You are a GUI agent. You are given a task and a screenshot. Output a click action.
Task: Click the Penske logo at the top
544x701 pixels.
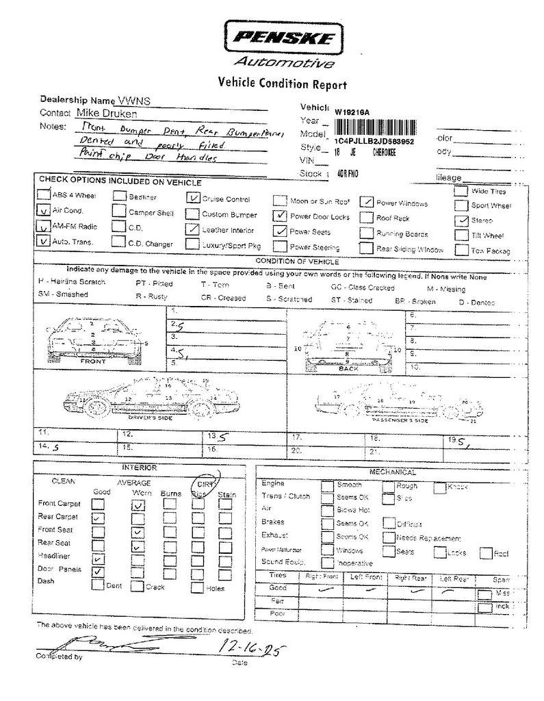(280, 38)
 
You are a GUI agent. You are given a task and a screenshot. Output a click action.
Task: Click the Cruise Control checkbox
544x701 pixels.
(192, 199)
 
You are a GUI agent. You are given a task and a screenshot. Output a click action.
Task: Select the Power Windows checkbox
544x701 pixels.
(367, 202)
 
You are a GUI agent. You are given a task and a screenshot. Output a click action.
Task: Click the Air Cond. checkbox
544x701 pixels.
(44, 211)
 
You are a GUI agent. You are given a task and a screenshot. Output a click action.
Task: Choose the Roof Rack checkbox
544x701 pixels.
(366, 218)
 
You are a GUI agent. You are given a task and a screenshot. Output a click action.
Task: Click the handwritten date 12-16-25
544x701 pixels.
(250, 645)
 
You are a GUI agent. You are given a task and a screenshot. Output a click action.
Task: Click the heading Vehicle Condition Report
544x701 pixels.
(282, 84)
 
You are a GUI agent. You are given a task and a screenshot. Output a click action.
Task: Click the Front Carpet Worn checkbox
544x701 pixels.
(138, 505)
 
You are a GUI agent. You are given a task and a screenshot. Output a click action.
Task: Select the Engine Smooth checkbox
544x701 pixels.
(327, 485)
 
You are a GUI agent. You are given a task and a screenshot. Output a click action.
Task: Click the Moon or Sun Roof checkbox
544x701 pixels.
(279, 201)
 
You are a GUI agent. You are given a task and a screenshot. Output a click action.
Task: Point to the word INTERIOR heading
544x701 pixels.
(140, 468)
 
